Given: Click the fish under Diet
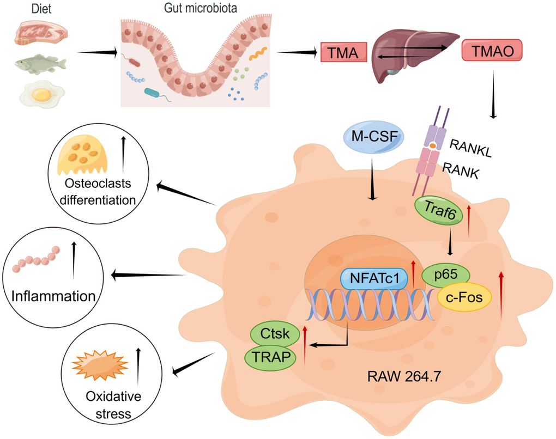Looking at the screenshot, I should pyautogui.click(x=40, y=64).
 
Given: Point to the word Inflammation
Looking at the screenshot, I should pyautogui.click(x=53, y=297).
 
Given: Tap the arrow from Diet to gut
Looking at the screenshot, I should pyautogui.click(x=98, y=53).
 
